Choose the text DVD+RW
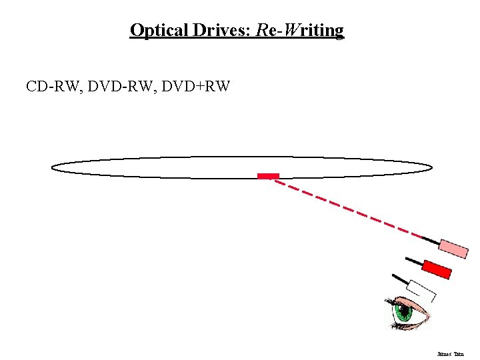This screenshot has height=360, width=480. [x=195, y=86]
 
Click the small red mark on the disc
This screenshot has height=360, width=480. [x=268, y=176]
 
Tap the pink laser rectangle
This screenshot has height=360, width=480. [x=453, y=248]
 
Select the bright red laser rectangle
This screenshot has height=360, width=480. [x=437, y=268]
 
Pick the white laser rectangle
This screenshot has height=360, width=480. [x=421, y=290]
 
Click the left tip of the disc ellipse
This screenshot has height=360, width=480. [x=52, y=167]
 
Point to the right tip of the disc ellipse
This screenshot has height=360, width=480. [x=431, y=167]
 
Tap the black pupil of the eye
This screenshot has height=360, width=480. [x=403, y=311]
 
